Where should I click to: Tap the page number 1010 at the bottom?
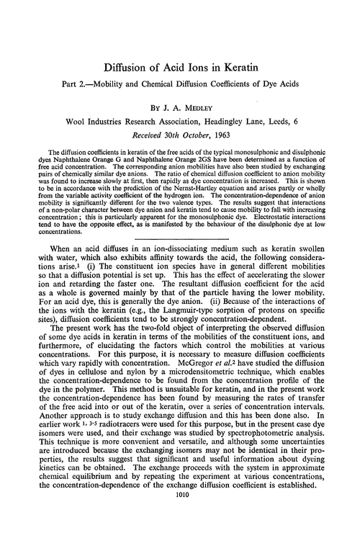pyautogui.click(x=179, y=515)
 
